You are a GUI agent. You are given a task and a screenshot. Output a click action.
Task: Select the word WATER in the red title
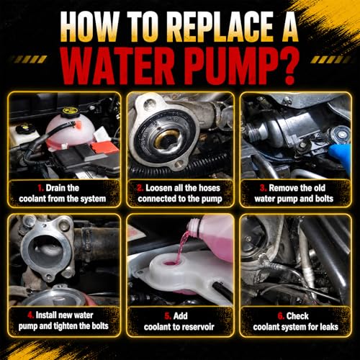click(118, 66)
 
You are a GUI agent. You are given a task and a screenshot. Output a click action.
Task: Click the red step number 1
click(40, 188)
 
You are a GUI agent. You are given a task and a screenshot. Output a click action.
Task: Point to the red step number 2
click(140, 188)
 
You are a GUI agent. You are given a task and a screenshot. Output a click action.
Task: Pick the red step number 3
click(264, 188)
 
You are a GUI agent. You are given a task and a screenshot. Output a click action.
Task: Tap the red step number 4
click(31, 315)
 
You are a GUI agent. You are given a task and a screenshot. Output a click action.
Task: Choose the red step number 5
click(168, 316)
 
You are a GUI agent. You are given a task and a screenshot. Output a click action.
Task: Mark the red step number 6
click(281, 316)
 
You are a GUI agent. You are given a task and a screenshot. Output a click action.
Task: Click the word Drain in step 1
click(56, 188)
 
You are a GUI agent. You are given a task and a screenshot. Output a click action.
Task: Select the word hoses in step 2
click(208, 188)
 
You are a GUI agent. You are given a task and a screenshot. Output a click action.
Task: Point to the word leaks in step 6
click(329, 327)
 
